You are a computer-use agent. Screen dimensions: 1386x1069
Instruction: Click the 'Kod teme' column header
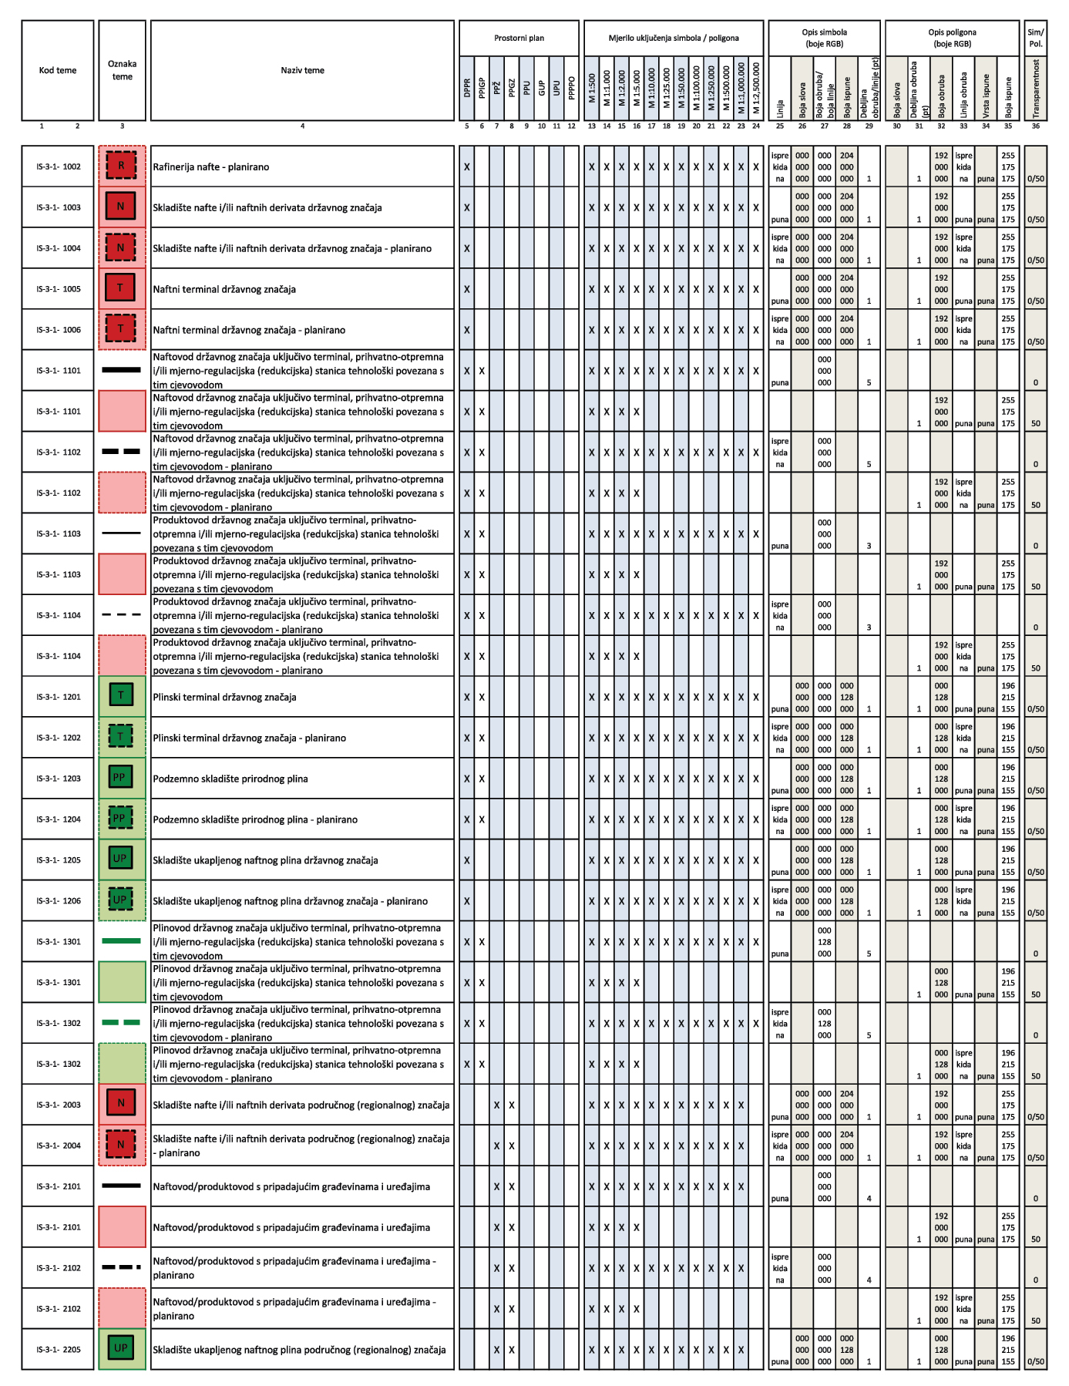[58, 70]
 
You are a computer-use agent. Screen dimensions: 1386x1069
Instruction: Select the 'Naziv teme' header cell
[302, 70]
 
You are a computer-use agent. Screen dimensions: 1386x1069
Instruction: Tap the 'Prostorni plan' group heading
[519, 38]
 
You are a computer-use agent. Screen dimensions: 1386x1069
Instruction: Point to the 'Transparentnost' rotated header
[1036, 88]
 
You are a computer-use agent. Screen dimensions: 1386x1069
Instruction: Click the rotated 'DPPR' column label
[467, 88]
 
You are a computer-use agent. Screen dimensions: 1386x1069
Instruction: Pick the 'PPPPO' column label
[571, 86]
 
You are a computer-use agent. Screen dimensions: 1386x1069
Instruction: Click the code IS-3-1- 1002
[58, 167]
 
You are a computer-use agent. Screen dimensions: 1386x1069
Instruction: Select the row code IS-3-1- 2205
[58, 1350]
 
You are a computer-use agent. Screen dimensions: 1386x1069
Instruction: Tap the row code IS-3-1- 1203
[58, 779]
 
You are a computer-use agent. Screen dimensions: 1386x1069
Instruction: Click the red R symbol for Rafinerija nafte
[121, 166]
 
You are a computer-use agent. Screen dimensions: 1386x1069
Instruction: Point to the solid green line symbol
[121, 941]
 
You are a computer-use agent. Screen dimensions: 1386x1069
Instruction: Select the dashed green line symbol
[121, 1023]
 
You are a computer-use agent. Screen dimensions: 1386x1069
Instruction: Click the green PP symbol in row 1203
[120, 778]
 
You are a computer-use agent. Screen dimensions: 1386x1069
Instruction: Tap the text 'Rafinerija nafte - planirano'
[210, 167]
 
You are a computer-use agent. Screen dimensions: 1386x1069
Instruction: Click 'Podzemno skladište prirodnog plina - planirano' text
[255, 819]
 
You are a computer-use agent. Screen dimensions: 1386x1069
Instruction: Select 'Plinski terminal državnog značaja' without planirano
[224, 697]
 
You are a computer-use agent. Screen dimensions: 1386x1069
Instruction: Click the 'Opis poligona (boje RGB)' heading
[952, 38]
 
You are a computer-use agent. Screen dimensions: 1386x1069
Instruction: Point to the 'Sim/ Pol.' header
[1036, 38]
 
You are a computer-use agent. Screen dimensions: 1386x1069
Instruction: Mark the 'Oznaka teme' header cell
[122, 70]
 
